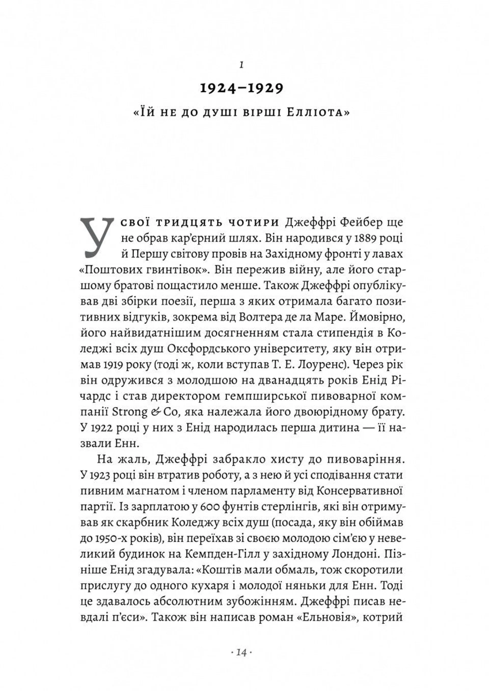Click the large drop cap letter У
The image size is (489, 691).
(x=96, y=238)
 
